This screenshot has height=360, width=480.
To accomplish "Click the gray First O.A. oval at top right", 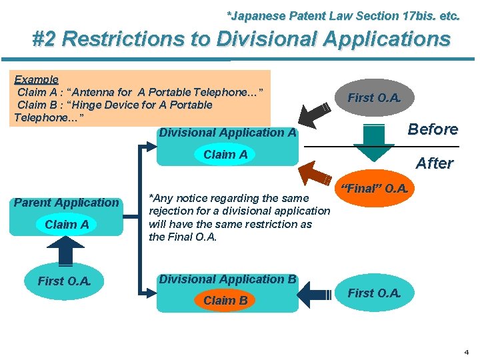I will point(375,98).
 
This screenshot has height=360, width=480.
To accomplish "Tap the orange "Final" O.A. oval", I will point(375,189).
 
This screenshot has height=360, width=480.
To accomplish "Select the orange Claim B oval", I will point(225,301).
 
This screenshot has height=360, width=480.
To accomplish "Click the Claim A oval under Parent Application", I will point(67,225).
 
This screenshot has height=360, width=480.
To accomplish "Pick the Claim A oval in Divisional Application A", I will point(225,155).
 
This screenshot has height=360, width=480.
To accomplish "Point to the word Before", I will point(433,129).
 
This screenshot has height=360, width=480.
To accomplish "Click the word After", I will point(435,163).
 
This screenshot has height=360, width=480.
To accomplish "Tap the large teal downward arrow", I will point(374,141).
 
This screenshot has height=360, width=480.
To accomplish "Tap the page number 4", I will point(466,351).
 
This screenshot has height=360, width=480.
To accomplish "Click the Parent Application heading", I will point(67,203).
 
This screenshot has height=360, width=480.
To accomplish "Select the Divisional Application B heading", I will point(227,279).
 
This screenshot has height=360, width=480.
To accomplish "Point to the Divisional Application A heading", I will point(227,133).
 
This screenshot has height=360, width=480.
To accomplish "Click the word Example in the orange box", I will point(37,79).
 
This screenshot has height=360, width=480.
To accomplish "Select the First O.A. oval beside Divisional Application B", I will point(375,293).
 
